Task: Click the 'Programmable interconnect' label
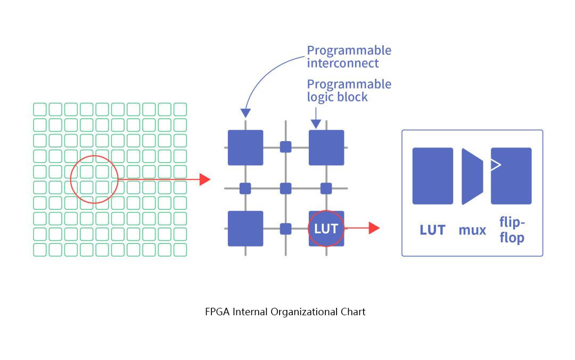tap(349, 56)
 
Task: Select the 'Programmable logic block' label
tap(349, 90)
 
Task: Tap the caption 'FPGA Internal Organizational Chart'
tap(285, 312)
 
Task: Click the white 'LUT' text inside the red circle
tap(326, 228)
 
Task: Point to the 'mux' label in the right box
tap(472, 230)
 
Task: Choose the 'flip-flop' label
tap(512, 230)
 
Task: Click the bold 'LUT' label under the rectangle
tap(432, 230)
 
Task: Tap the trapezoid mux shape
tap(472, 176)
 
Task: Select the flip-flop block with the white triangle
tap(511, 176)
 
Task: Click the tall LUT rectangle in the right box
tap(432, 176)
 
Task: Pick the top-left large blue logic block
tap(245, 148)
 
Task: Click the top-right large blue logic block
tap(326, 148)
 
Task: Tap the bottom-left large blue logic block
tap(245, 228)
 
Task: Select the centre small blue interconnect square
tap(286, 188)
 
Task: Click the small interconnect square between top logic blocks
tap(286, 147)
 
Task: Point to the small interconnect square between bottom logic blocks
tap(286, 228)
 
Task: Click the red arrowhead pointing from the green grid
tap(206, 179)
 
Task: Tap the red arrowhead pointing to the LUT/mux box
tap(374, 228)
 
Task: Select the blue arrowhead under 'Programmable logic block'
tap(316, 124)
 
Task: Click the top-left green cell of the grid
tap(40, 109)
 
